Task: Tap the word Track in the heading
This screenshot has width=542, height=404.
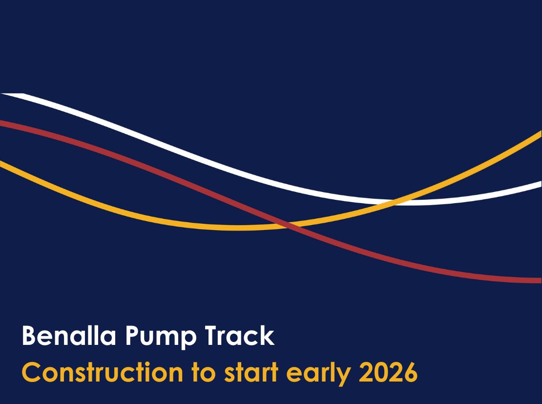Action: coord(240,335)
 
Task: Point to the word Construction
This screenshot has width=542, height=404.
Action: coord(103,372)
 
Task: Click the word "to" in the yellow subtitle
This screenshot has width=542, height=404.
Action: coord(204,373)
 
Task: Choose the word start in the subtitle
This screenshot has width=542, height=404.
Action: coord(251,373)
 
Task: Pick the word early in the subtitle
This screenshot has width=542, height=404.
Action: coord(318,374)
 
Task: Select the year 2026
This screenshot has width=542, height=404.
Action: coord(388,372)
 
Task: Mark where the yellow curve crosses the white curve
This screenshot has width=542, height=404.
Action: coord(394,202)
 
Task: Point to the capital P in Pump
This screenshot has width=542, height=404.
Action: coord(132,336)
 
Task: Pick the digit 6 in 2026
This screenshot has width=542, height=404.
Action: coord(411,373)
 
